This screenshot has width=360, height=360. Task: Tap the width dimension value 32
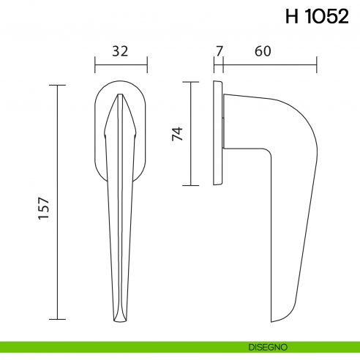pos(121,51)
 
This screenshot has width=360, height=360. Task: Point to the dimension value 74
pos(176,133)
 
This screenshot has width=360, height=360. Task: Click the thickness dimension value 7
pos(218,51)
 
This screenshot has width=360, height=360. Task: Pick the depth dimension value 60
pos(263,51)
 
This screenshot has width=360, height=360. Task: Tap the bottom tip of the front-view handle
pos(121,320)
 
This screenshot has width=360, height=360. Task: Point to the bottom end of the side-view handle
pos(282,319)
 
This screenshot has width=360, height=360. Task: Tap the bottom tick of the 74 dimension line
pos(190,185)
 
